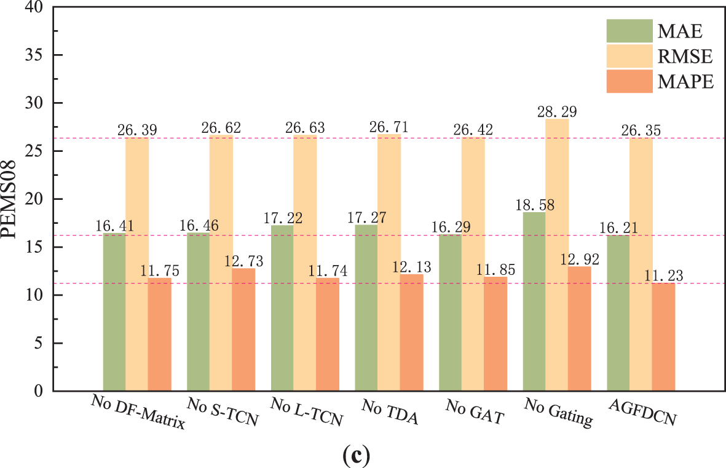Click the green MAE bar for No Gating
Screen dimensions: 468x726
point(534,301)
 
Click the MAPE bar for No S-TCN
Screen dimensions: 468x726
point(243,329)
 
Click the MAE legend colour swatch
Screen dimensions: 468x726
point(629,29)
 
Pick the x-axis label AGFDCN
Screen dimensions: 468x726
point(642,413)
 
